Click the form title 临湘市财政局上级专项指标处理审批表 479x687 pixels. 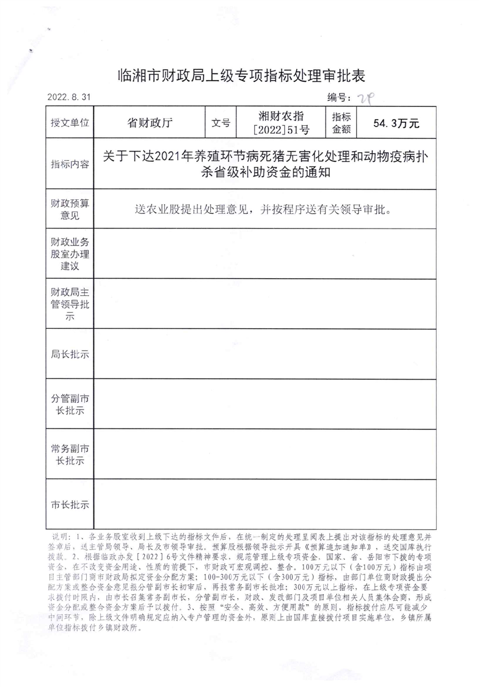click(240, 76)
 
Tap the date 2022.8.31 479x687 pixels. click(68, 97)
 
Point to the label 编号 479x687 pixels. click(339, 97)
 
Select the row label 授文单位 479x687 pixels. click(70, 123)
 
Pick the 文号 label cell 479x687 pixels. click(221, 123)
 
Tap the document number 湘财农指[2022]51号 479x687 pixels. click(282, 123)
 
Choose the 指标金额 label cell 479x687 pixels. click(341, 123)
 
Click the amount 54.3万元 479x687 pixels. click(397, 123)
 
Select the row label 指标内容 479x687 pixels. click(70, 164)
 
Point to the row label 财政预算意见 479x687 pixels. click(70, 210)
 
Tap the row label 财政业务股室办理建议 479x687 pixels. click(70, 254)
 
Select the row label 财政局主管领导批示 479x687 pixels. click(70, 304)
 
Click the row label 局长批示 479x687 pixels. click(70, 354)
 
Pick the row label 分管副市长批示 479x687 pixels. click(70, 403)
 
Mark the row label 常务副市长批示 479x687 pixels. click(70, 454)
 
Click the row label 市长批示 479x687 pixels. click(70, 505)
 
